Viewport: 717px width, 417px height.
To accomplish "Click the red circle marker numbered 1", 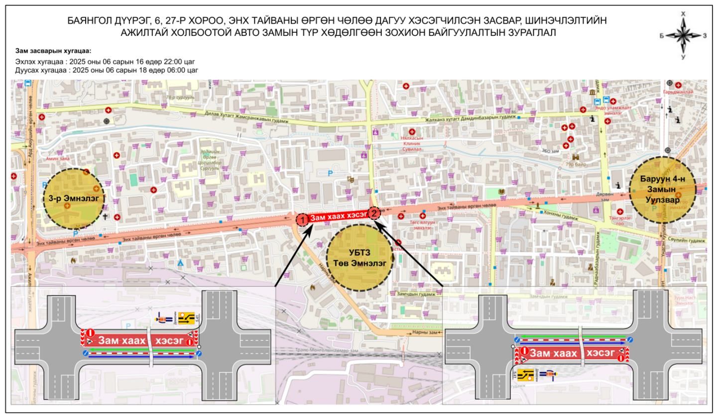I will [301, 219].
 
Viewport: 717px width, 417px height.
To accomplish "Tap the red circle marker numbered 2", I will [374, 213].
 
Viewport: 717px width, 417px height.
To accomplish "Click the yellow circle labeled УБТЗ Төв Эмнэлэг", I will [359, 257].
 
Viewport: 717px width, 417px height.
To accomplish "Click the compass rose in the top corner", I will [683, 35].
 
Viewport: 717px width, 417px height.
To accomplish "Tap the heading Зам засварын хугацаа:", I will [53, 51].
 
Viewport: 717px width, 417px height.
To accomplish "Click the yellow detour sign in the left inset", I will [187, 318].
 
